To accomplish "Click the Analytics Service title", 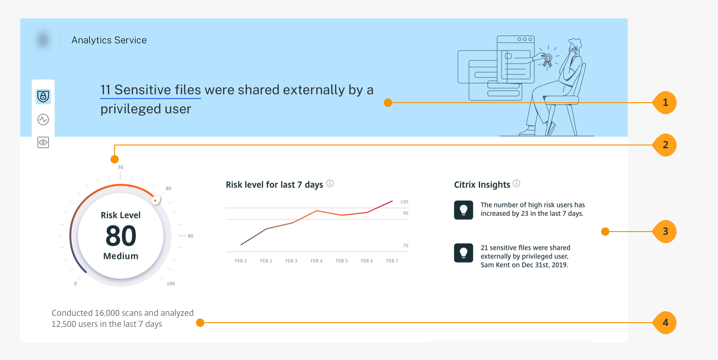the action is [x=109, y=40].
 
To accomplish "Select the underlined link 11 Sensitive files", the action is [x=151, y=90].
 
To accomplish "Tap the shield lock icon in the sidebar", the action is [x=43, y=96].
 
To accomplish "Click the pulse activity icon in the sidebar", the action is [x=43, y=120].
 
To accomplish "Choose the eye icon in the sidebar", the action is [x=43, y=142].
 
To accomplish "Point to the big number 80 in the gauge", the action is [x=121, y=236].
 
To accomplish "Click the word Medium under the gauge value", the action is [x=121, y=256].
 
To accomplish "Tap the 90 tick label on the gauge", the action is [x=191, y=236].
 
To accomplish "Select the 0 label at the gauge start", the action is [x=75, y=284].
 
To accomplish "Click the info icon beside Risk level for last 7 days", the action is [x=330, y=184].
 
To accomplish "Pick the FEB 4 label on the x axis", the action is [x=316, y=261].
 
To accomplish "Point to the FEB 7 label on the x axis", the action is [x=392, y=261].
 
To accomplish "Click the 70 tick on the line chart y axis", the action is [x=405, y=245].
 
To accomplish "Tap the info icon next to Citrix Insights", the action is [x=516, y=184].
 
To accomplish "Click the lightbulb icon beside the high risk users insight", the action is [x=463, y=210].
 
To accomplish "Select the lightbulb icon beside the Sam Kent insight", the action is [x=463, y=253].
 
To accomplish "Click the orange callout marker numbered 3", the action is [x=665, y=232].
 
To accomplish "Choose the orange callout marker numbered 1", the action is [x=665, y=103].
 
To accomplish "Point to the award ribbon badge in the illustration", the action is [x=548, y=60].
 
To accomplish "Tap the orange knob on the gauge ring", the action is [x=156, y=200].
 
